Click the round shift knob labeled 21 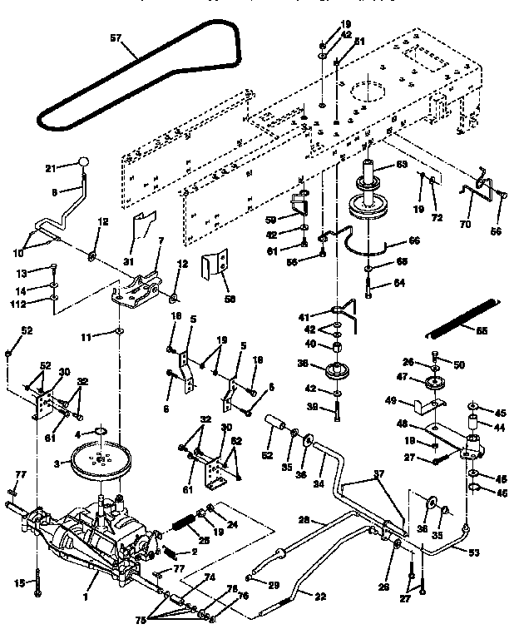tap(83, 162)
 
